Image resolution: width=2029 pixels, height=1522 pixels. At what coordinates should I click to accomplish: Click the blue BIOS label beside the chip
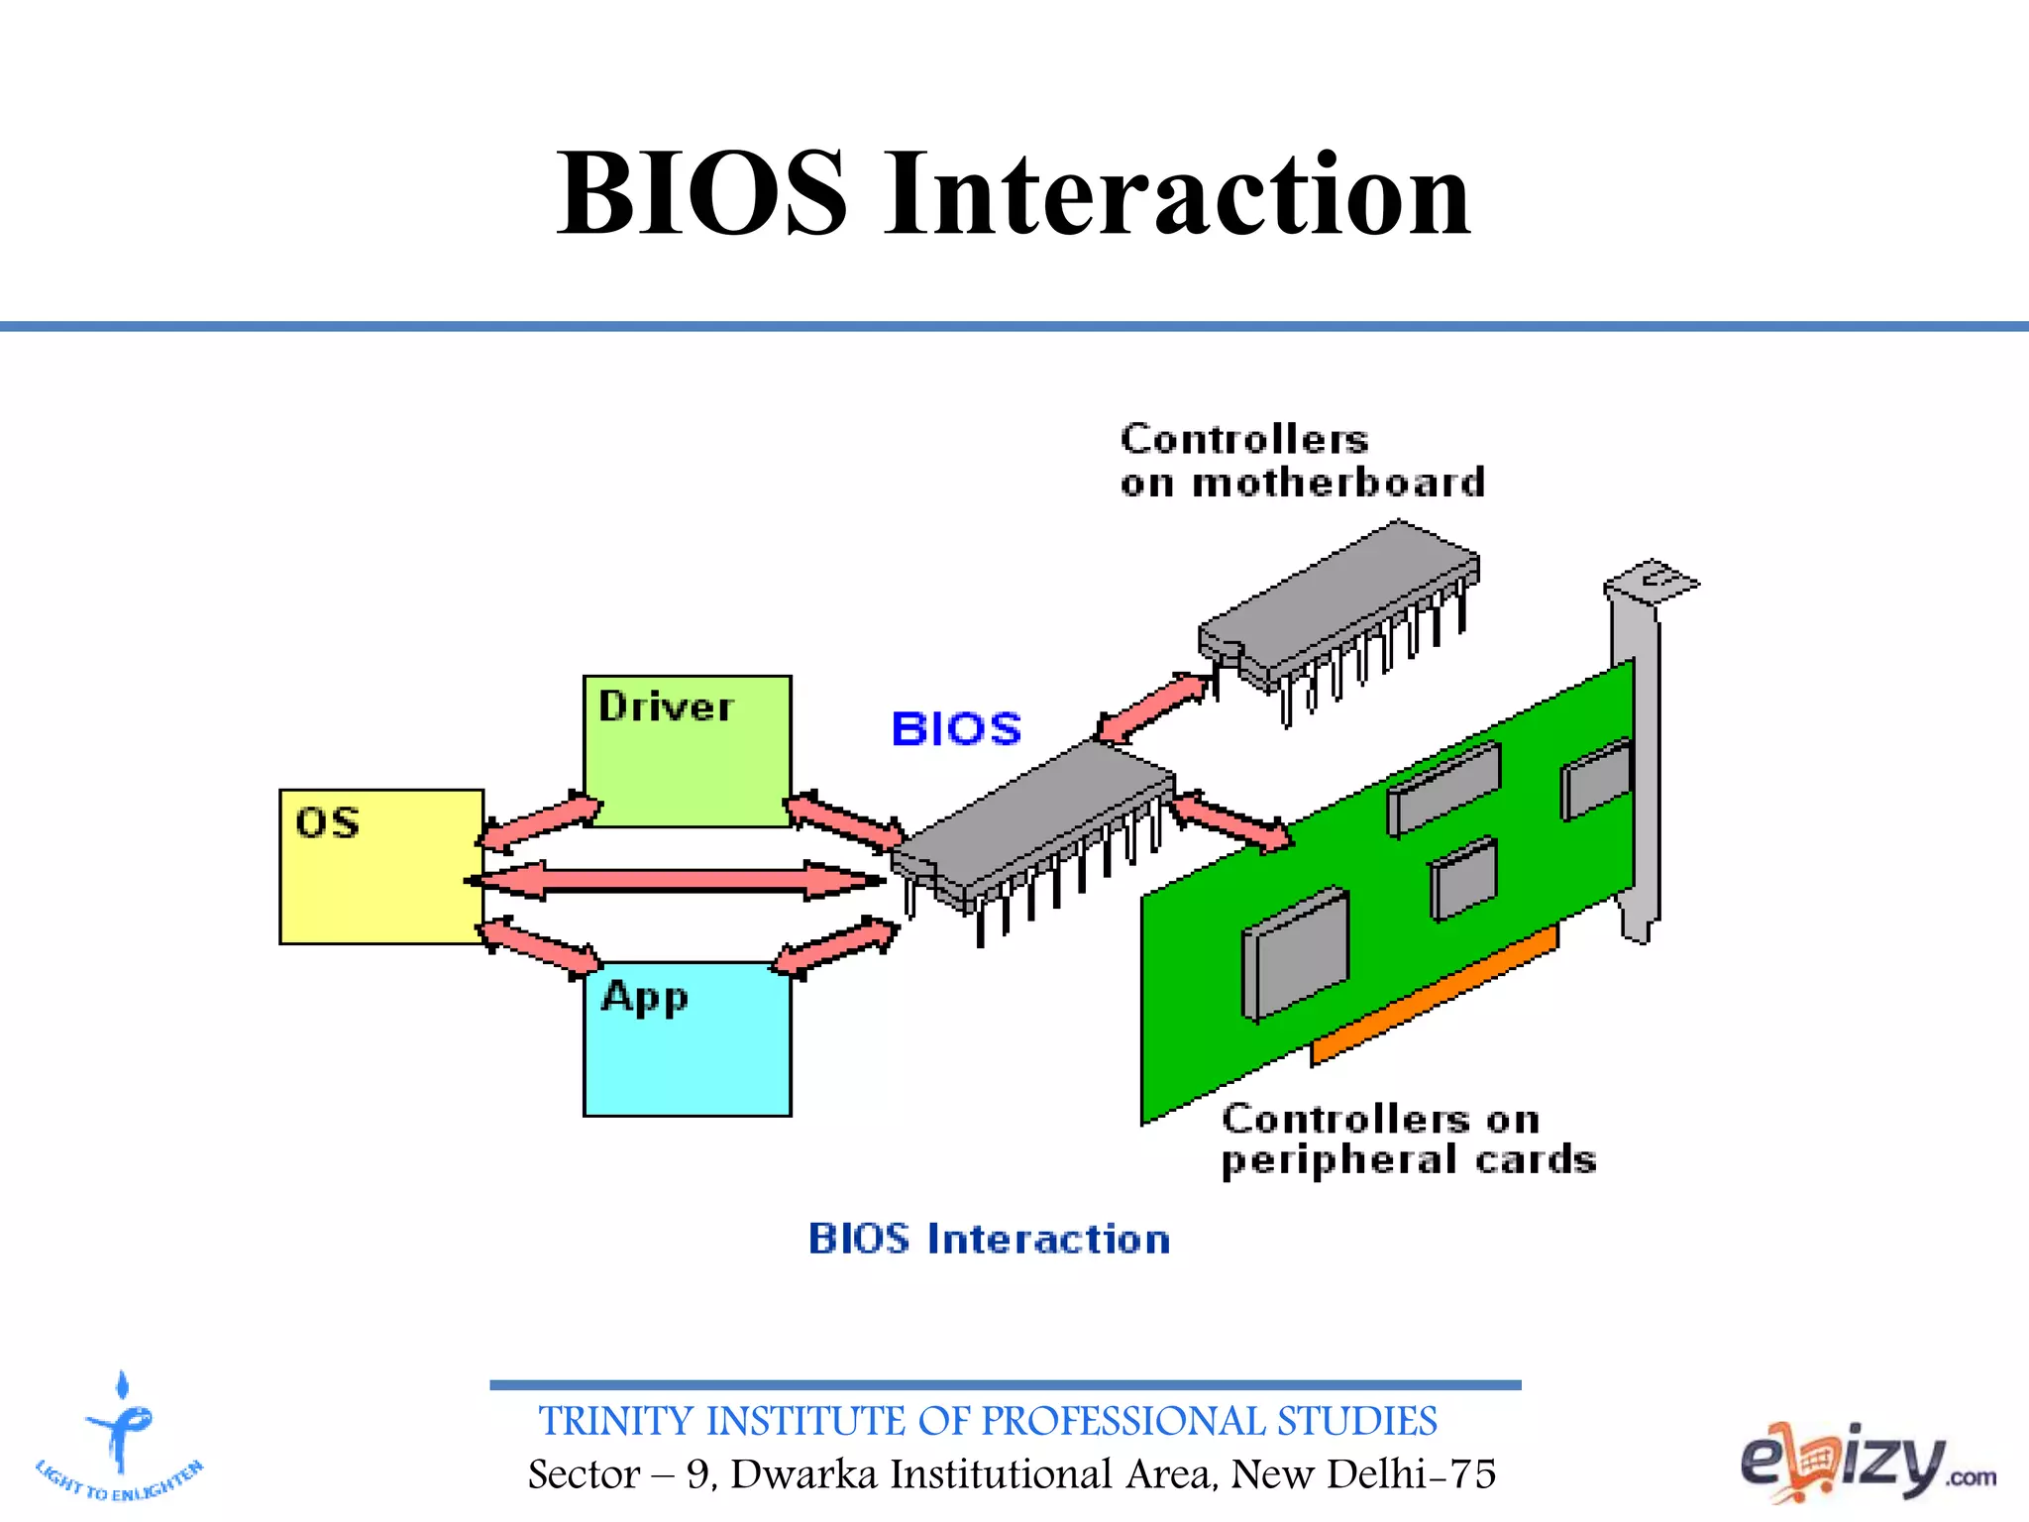pyautogui.click(x=956, y=729)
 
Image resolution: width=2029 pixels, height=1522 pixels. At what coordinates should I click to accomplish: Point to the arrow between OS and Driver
pyautogui.click(x=541, y=821)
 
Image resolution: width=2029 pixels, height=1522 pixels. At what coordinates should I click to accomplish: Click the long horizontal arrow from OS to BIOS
pyautogui.click(x=674, y=880)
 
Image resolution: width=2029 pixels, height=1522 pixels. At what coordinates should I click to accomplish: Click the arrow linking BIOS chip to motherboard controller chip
pyautogui.click(x=1154, y=707)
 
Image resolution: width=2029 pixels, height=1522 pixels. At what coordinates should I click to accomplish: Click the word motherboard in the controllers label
pyautogui.click(x=1338, y=484)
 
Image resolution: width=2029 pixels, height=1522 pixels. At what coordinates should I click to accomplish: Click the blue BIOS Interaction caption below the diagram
pyautogui.click(x=989, y=1240)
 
